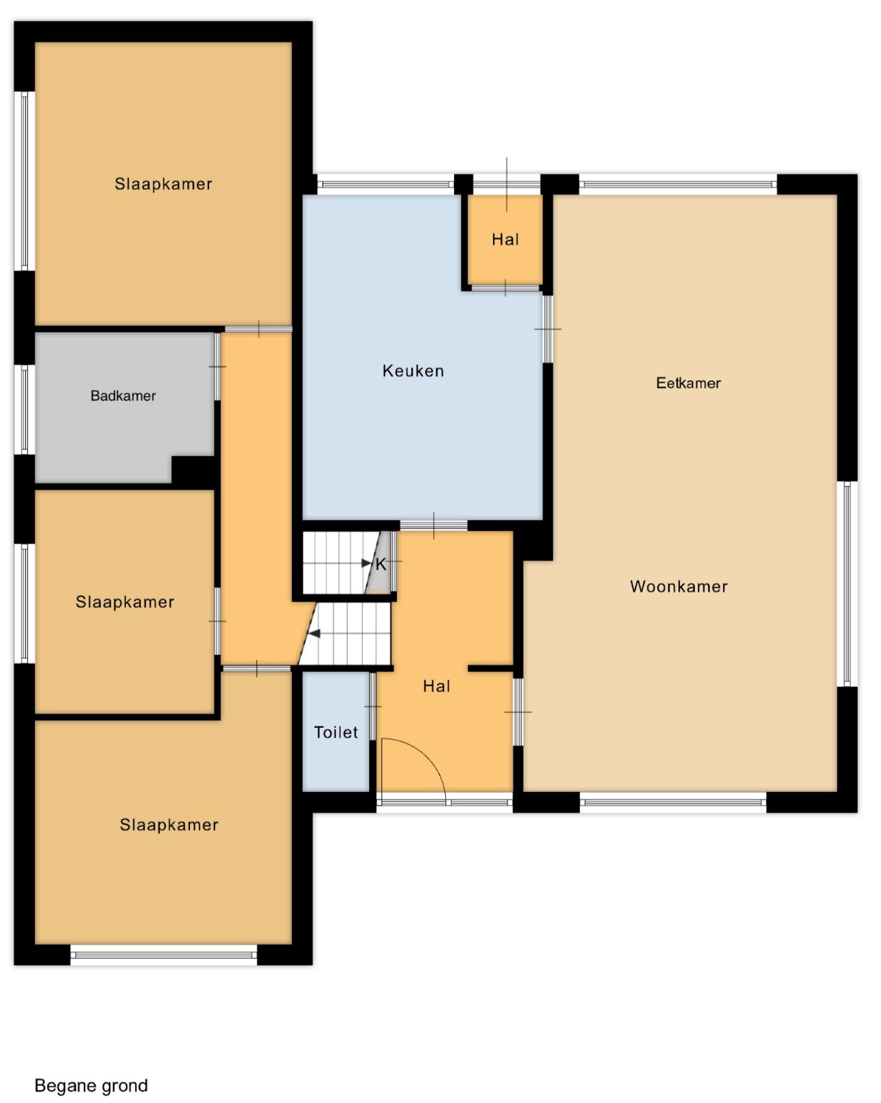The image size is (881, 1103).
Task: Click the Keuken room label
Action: click(x=413, y=371)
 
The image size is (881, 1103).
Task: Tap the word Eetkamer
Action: click(x=688, y=383)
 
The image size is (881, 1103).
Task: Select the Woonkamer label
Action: click(x=679, y=586)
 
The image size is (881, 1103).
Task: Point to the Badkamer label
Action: click(x=123, y=396)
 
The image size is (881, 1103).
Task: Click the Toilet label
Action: click(x=336, y=733)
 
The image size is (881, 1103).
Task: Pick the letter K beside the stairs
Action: click(x=381, y=564)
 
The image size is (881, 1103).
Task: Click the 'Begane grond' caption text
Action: click(x=91, y=1085)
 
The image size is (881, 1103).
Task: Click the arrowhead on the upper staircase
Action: click(x=366, y=563)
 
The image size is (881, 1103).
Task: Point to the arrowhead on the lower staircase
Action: click(x=314, y=633)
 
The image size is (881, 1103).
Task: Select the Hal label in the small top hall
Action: click(x=505, y=240)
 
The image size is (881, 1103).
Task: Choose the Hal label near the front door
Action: click(x=436, y=686)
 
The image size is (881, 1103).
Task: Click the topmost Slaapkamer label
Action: click(x=163, y=184)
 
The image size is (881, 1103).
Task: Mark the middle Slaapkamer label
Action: click(x=125, y=602)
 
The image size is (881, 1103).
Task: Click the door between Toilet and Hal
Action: click(x=372, y=706)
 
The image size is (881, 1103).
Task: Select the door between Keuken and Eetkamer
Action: click(x=548, y=329)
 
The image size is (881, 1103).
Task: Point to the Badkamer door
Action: click(x=217, y=366)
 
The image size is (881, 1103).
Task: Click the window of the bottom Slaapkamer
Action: click(x=163, y=955)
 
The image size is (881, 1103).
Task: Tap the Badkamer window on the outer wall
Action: click(x=24, y=409)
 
